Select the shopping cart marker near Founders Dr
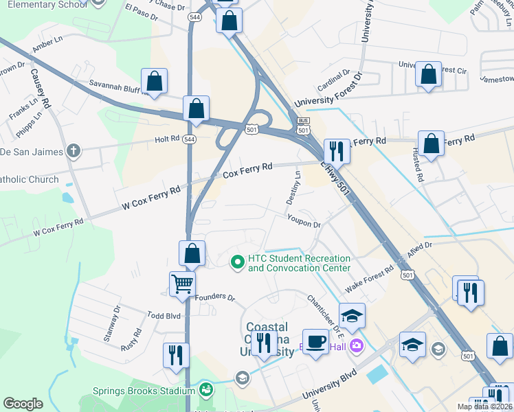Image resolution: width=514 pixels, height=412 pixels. [x=182, y=283]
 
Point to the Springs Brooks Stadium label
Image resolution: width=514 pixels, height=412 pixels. [x=144, y=391]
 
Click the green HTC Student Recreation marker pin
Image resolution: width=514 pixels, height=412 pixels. [x=238, y=262]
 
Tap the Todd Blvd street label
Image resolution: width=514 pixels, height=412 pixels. [x=164, y=314]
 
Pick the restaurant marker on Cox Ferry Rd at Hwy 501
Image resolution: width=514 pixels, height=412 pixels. [x=337, y=151]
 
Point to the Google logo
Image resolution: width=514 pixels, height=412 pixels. [x=23, y=404]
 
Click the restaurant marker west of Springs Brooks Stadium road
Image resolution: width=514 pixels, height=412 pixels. [x=175, y=355]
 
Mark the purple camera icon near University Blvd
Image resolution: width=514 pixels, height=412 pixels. [x=357, y=345]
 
